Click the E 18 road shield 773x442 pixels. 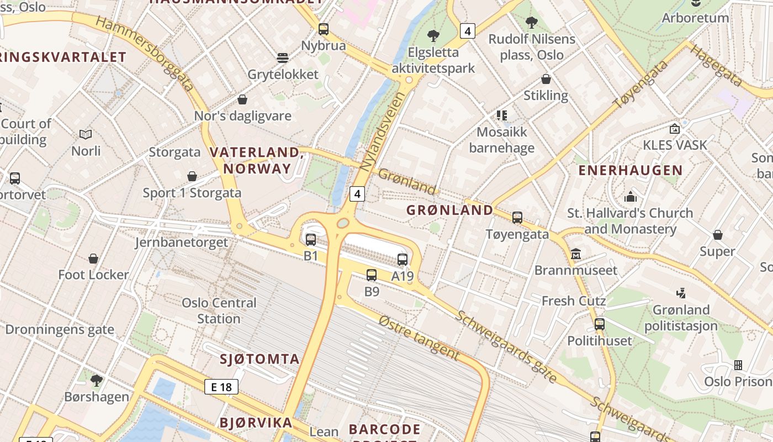(221, 387)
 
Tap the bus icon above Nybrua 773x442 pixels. (324, 29)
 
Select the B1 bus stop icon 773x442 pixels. (311, 240)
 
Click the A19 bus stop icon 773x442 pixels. (403, 260)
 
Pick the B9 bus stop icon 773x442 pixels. (372, 275)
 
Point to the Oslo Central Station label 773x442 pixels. (219, 311)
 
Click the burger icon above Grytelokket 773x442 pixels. (283, 58)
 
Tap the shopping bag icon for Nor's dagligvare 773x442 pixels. (242, 99)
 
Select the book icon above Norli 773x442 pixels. (86, 134)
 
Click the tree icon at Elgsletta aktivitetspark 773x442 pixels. (433, 36)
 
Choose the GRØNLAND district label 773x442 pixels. (449, 210)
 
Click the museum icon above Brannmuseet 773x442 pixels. (576, 254)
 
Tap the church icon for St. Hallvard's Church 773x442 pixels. (630, 197)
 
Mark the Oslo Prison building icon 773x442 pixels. (738, 365)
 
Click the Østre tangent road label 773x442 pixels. (419, 337)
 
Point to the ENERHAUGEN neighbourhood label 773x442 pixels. (630, 170)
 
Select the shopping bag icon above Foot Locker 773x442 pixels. (93, 259)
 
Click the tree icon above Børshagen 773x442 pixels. (97, 380)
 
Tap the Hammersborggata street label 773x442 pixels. (144, 53)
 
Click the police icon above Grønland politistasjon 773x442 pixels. (681, 293)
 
